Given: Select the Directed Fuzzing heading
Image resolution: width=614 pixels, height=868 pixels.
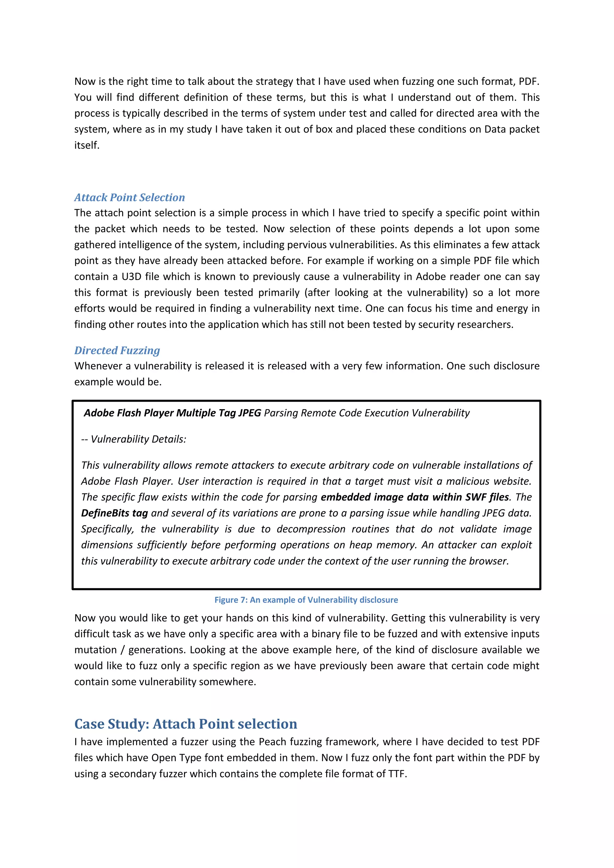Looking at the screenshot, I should coord(117,350).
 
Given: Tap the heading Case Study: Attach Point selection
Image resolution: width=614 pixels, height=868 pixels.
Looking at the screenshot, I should coord(186,724).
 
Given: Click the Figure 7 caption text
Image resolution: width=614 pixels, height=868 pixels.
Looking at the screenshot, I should coord(306,600).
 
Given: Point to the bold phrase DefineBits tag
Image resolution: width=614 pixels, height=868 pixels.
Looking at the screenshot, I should coord(114,513).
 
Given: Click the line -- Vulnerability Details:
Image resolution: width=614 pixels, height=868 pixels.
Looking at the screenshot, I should coord(133,439).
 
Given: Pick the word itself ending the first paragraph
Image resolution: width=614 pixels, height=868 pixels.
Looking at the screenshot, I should coord(87,146).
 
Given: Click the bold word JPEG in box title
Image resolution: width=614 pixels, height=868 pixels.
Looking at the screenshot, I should coord(249,413).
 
